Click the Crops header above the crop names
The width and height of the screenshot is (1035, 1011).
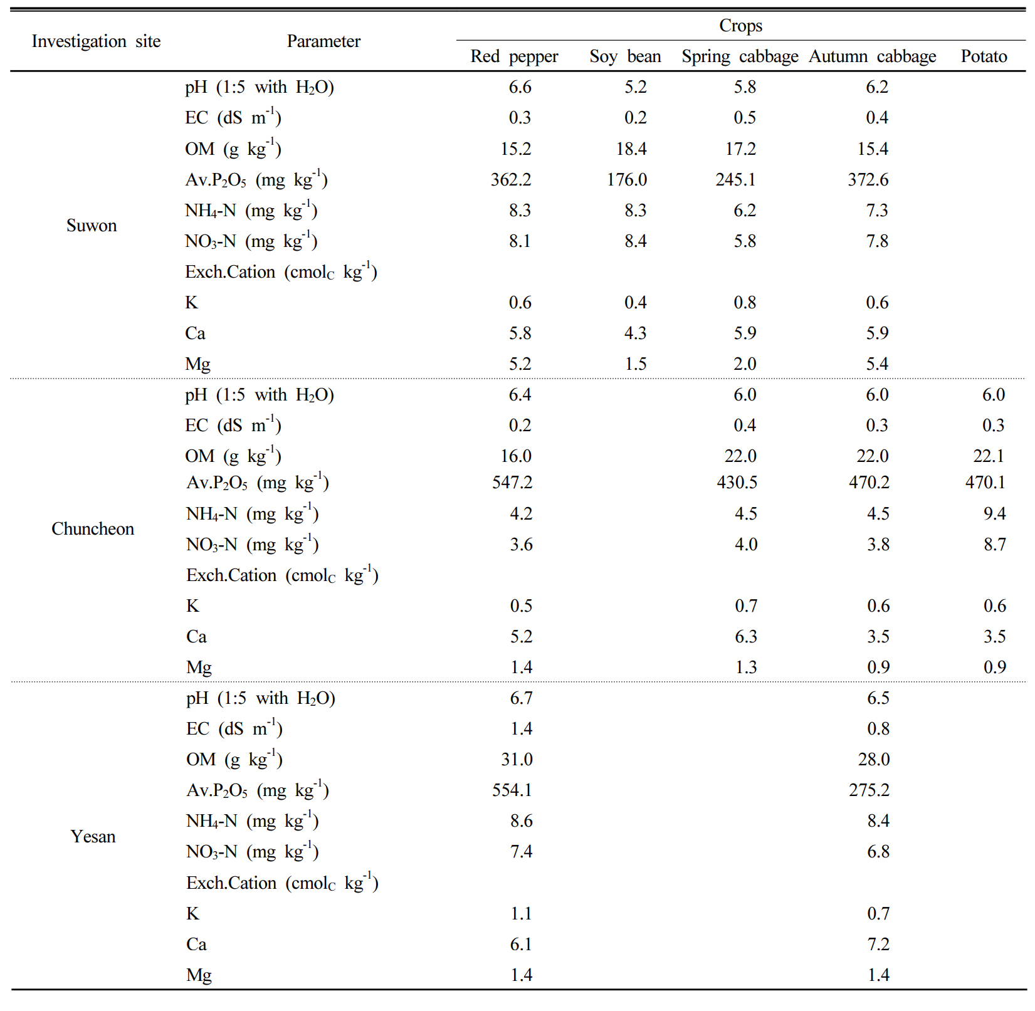click(x=740, y=26)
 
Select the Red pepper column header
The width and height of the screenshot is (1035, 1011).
click(x=514, y=56)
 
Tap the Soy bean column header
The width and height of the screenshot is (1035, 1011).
click(x=625, y=56)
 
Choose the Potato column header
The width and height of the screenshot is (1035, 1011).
click(x=984, y=56)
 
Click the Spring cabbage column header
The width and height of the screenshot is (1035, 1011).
click(x=740, y=56)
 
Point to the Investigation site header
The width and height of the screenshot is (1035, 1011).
click(x=96, y=41)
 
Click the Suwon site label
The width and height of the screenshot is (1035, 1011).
click(x=92, y=226)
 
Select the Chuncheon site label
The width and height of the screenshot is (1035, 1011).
click(x=93, y=529)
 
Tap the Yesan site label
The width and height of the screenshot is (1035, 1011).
click(x=93, y=837)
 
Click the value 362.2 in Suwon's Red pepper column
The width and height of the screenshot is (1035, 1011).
click(x=511, y=180)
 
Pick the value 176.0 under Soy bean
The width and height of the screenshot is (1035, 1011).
click(x=627, y=180)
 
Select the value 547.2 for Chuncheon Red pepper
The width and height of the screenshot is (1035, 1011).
click(x=512, y=483)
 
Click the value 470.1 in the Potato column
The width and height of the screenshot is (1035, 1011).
click(x=985, y=483)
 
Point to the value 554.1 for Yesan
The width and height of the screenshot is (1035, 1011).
click(x=512, y=790)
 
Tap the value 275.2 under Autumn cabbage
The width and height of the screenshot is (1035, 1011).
click(x=870, y=790)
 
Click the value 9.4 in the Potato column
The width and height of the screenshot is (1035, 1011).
click(x=994, y=514)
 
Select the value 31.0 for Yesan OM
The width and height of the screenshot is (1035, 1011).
click(x=517, y=760)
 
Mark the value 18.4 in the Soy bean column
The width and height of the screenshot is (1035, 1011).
click(x=631, y=149)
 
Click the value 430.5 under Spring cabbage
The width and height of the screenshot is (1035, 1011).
click(x=737, y=483)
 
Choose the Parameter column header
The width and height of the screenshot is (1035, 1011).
click(x=323, y=41)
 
